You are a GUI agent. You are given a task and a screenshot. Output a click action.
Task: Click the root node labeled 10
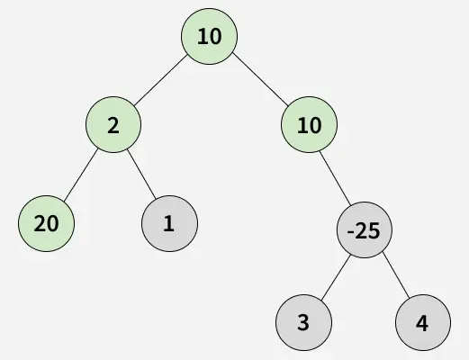(x=209, y=36)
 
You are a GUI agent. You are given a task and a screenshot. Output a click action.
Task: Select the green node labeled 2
(x=113, y=124)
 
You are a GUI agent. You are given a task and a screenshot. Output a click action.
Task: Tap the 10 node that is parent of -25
(x=309, y=124)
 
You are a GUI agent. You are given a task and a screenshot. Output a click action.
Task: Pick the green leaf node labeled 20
(x=46, y=223)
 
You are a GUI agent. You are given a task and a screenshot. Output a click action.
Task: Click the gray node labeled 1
(x=169, y=223)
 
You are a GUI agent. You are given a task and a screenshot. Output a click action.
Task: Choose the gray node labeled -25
(x=365, y=230)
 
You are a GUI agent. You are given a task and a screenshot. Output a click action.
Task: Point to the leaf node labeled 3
(x=303, y=322)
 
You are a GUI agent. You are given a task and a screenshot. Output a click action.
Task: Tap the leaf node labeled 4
(x=423, y=322)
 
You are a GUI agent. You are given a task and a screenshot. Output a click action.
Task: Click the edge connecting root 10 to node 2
(x=160, y=80)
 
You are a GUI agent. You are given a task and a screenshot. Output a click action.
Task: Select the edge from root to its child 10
(x=260, y=79)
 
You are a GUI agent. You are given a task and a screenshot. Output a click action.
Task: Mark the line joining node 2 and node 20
(x=81, y=175)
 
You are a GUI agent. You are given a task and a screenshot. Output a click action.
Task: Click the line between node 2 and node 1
(x=141, y=174)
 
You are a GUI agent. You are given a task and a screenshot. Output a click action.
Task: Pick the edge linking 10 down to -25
(x=335, y=178)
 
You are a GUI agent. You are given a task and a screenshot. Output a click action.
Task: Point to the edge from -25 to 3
(x=336, y=277)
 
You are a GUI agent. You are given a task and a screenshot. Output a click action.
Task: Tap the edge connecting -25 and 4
(x=396, y=275)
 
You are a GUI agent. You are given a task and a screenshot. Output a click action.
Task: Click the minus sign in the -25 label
(x=350, y=232)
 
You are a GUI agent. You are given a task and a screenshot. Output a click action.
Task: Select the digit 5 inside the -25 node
(x=374, y=231)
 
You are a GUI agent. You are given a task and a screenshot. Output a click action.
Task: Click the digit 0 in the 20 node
(x=52, y=224)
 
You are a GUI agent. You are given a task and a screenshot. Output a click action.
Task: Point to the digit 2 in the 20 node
(x=40, y=224)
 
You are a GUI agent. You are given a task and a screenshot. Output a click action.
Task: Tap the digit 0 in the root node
(x=216, y=37)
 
